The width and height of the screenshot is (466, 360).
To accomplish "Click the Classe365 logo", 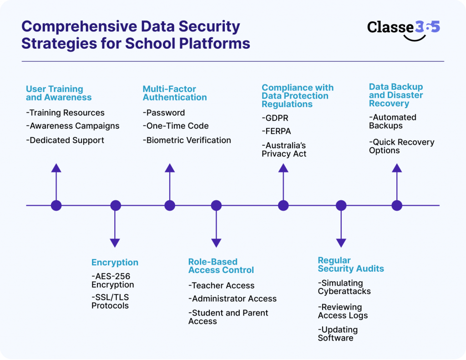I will point(403,29).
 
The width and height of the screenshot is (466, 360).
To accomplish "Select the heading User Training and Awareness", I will point(58,93).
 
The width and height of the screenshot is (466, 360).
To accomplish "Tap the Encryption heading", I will point(115,262).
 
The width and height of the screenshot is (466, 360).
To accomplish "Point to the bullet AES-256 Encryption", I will point(113,280).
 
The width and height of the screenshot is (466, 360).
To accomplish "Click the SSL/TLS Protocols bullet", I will point(110,301).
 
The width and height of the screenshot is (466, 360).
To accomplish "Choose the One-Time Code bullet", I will point(176,126).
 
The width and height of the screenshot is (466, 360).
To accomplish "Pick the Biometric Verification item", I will point(187,140).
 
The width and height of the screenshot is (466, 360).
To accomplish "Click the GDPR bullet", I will point(275,118).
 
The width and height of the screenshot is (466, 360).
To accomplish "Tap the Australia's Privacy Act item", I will point(284,150).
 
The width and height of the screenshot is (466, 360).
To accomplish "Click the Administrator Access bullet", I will point(232,299).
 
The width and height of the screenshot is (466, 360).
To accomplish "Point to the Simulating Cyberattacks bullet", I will point(344,287).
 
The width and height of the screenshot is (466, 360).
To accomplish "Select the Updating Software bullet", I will point(338,334).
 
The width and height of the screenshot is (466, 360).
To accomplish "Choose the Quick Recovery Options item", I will point(401,146).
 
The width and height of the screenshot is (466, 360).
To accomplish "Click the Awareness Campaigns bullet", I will point(73,126).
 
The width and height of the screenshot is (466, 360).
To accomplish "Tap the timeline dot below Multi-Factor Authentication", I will point(170,205).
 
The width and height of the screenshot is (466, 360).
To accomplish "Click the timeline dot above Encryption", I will point(115,205).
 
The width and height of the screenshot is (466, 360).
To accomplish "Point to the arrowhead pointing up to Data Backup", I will point(397,168).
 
